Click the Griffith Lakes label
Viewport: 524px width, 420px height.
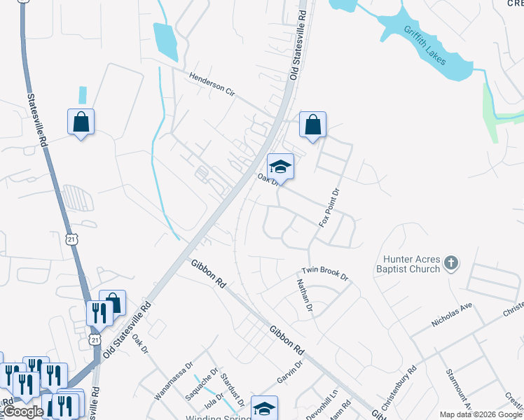424,45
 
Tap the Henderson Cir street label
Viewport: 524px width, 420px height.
211,85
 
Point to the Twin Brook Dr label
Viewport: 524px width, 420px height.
324,273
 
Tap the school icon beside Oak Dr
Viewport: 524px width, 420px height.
280,167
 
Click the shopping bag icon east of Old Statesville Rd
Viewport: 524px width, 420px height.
313,125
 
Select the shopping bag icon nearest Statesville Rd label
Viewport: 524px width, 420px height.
81,122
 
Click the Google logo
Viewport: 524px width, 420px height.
22,412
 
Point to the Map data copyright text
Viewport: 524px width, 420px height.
480,414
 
